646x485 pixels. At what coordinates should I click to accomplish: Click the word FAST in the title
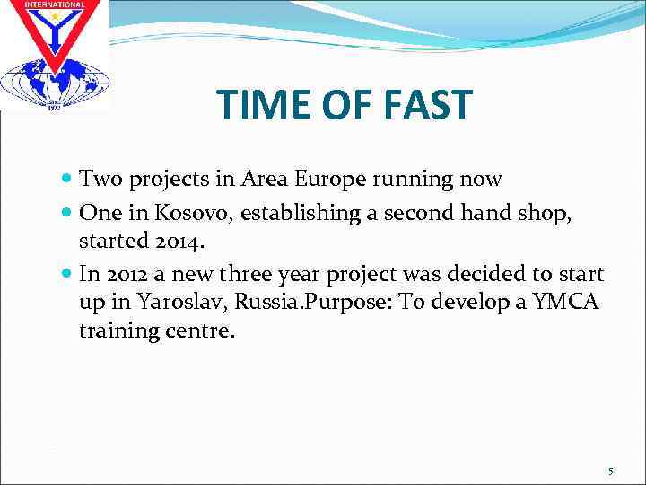coord(424,105)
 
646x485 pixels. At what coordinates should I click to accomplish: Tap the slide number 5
coord(610,472)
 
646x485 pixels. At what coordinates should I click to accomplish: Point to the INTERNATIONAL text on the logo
coord(54,4)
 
